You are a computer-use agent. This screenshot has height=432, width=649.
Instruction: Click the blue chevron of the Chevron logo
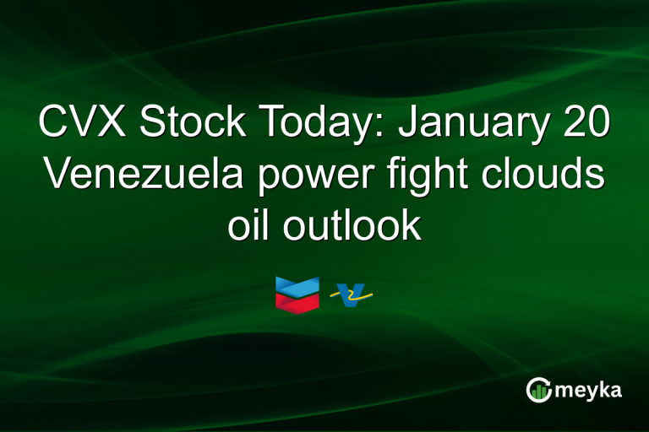coord(297,285)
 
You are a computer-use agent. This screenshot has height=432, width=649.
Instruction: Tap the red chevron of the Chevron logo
coord(297,300)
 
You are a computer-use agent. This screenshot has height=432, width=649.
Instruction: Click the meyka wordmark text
coord(589,390)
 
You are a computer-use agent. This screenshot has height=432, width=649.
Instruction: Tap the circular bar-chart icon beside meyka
coord(539,390)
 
